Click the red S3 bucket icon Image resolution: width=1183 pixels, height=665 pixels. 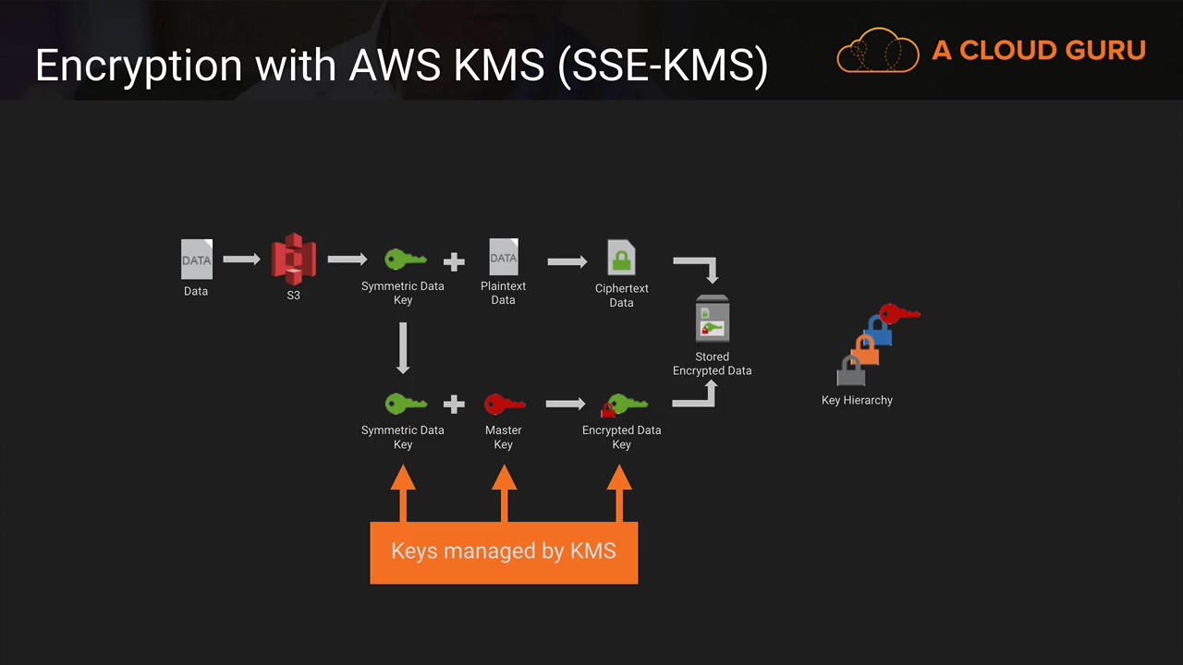(293, 260)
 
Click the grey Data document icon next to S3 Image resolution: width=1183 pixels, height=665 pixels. (196, 260)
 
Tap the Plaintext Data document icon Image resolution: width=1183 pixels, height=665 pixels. (504, 258)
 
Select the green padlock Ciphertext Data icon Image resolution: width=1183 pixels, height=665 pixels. (621, 258)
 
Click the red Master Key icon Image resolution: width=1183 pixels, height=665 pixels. (504, 405)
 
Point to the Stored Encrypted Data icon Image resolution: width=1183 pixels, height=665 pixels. (712, 320)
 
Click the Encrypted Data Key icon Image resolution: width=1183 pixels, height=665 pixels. (624, 405)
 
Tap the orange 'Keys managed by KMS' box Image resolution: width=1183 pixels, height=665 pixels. (504, 551)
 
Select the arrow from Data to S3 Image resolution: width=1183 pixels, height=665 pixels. (241, 260)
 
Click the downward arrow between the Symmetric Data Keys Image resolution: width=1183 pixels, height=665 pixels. (403, 347)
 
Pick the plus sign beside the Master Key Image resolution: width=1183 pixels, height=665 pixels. (453, 405)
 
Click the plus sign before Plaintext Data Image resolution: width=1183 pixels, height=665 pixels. (453, 261)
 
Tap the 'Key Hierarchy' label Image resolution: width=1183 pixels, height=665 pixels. (857, 400)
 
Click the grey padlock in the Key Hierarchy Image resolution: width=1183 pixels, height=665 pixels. (850, 371)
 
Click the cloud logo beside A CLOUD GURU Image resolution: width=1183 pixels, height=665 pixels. (877, 51)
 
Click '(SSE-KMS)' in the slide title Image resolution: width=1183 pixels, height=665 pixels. (663, 66)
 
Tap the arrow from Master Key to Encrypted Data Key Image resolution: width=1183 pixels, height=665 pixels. (565, 404)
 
